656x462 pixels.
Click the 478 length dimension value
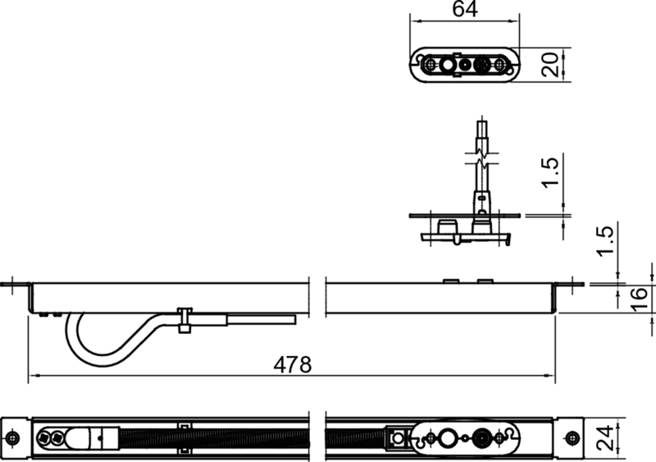click(293, 364)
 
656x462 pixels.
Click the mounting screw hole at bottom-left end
click(13, 437)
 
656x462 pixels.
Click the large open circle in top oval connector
click(448, 64)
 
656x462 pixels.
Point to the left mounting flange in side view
click(16, 286)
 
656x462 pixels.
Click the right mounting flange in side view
click(570, 286)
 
